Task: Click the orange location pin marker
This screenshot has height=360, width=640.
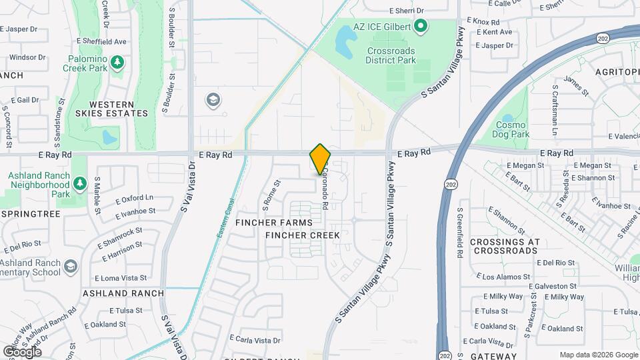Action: coord(321,159)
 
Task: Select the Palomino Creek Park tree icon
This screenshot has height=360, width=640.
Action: coord(118,62)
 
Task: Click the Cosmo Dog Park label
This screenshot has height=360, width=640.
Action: coord(512,129)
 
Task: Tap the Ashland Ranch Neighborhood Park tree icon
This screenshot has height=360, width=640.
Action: coord(79,183)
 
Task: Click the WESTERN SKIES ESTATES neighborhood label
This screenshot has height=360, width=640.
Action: coord(118,109)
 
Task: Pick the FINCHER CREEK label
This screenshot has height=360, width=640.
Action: coord(303,235)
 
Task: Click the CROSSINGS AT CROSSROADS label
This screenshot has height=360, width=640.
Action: coord(504,246)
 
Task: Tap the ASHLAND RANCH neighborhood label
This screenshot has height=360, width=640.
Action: coord(123,293)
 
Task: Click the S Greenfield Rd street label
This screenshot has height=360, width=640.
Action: coord(460,233)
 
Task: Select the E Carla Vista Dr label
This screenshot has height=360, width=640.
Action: coord(255,340)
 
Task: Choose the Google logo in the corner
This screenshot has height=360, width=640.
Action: coord(22,351)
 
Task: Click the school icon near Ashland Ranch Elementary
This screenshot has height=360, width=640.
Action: coord(70,267)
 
